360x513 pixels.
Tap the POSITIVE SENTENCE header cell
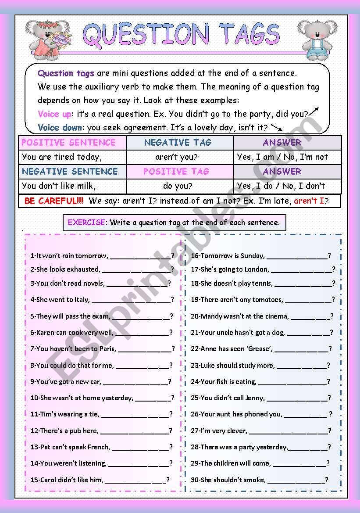click(68, 143)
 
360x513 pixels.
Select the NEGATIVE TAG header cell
click(178, 143)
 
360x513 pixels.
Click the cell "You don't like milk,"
click(58, 186)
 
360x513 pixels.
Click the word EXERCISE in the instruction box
click(86, 222)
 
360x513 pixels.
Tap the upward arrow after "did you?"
click(314, 111)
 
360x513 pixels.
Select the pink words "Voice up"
click(54, 114)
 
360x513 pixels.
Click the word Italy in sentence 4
click(81, 300)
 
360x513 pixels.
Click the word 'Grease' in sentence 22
click(258, 349)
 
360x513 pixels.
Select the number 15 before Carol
click(34, 480)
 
